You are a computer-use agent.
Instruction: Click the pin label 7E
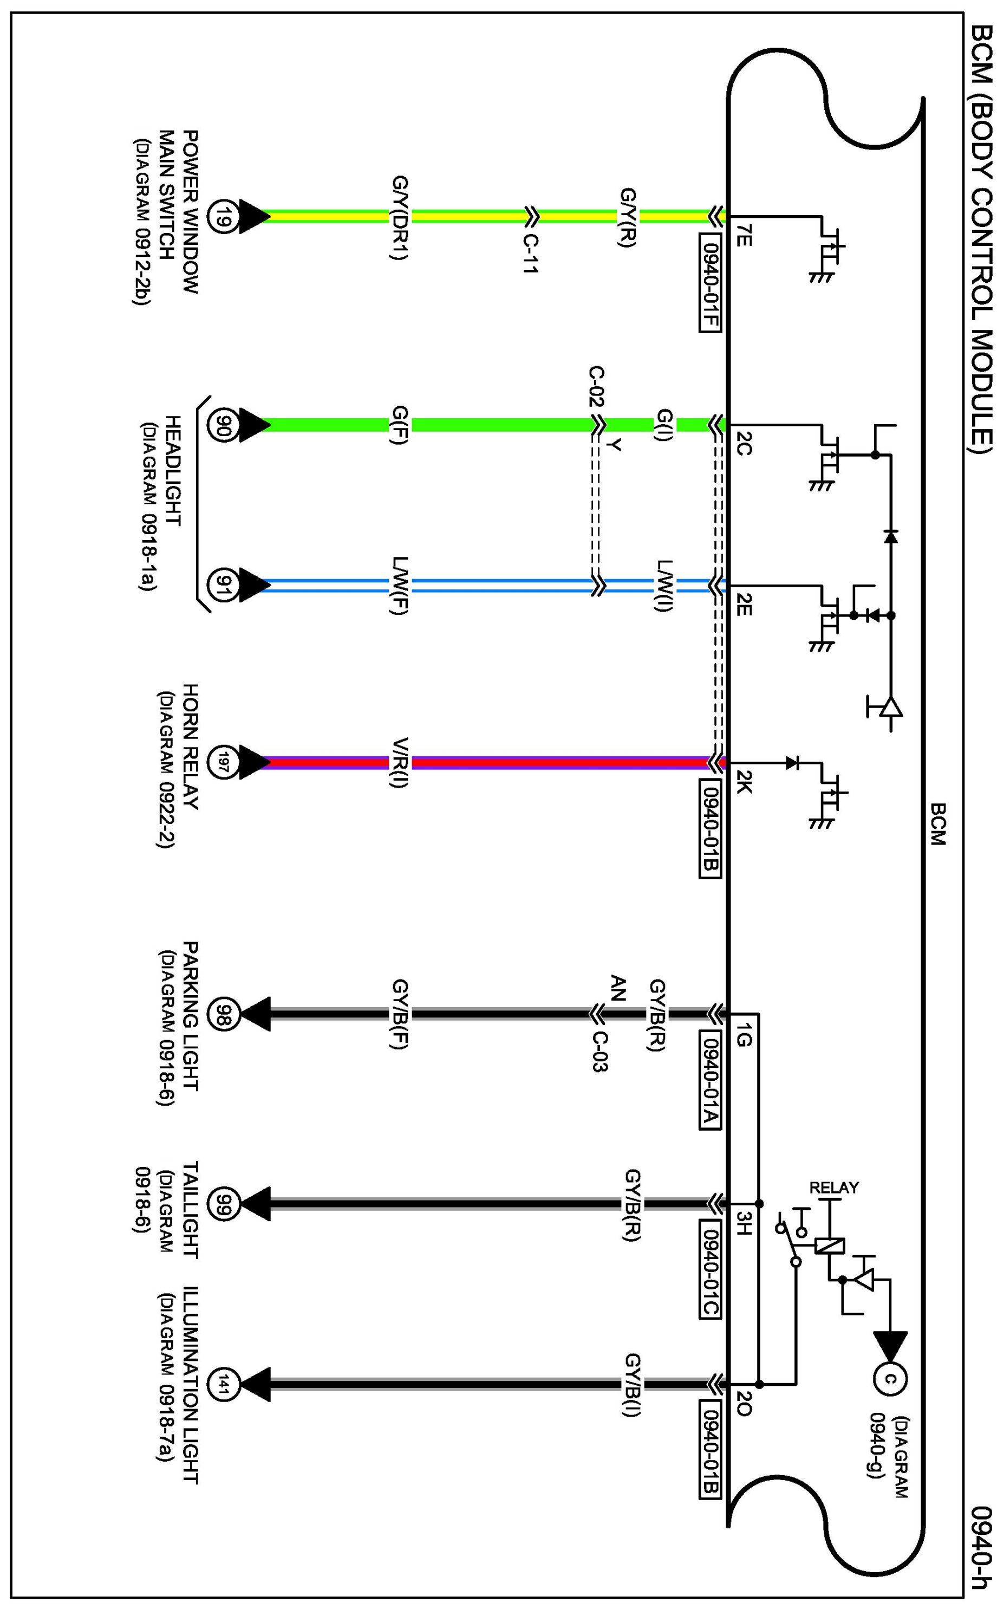pyautogui.click(x=743, y=236)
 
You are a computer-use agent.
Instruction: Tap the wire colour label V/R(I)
pyautogui.click(x=400, y=762)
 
